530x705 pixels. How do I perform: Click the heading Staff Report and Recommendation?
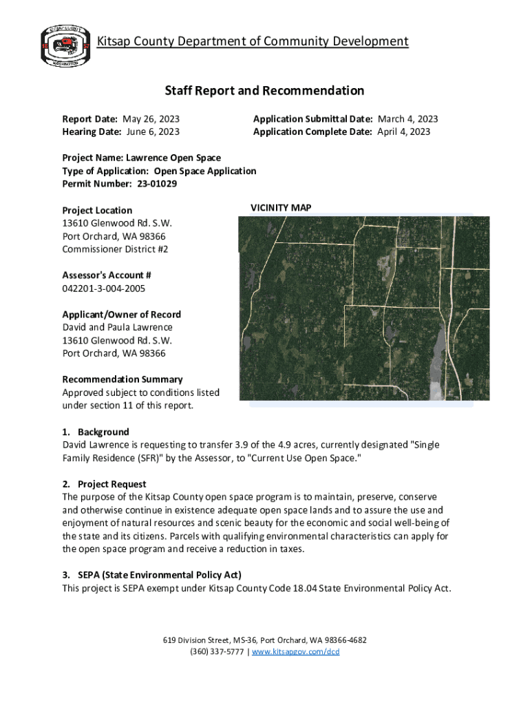[x=264, y=91]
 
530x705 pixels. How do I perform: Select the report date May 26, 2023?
[x=151, y=119]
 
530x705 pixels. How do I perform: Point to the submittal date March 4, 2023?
[x=407, y=119]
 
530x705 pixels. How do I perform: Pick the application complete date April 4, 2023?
[x=403, y=131]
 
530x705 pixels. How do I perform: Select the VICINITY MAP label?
[x=281, y=207]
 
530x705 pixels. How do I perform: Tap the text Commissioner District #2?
[x=115, y=249]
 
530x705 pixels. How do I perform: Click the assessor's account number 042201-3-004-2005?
[x=104, y=288]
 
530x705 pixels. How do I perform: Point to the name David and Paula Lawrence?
[x=117, y=327]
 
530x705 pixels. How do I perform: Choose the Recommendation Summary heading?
[x=123, y=379]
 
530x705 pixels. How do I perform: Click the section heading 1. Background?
[x=96, y=432]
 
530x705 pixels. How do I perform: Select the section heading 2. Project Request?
[x=104, y=484]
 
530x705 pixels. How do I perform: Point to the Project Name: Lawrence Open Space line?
[x=141, y=158]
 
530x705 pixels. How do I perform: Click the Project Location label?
[x=97, y=210]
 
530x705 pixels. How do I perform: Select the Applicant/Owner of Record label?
[x=122, y=315]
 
